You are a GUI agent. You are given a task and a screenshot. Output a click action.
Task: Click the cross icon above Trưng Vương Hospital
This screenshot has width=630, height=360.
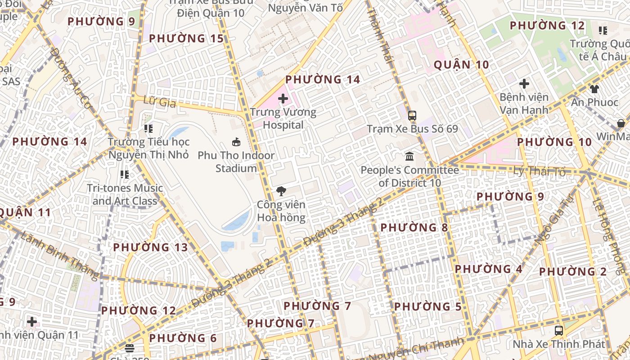283,98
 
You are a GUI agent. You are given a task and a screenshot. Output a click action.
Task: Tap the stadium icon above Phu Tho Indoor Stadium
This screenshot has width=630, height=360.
236,142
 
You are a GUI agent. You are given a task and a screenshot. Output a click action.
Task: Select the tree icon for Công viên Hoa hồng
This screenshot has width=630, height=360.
281,191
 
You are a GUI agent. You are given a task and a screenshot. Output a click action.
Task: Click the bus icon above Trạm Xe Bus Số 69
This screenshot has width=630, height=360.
412,115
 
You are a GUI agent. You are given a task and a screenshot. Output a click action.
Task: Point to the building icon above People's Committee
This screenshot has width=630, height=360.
410,157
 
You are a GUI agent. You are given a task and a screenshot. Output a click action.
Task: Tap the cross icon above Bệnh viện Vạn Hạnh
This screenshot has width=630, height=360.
524,84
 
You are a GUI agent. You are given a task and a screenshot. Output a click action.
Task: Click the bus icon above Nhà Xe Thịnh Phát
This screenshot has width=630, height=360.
559,331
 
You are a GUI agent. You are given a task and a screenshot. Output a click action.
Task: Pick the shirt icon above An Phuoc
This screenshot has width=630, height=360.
594,89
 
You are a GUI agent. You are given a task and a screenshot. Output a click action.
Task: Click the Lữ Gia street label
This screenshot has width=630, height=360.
159,102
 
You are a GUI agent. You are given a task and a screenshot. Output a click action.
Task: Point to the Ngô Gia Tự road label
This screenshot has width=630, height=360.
550,219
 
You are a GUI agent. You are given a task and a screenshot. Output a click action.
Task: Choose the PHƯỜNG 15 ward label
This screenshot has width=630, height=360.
186,39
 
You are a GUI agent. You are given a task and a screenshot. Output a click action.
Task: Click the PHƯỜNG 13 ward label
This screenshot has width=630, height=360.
150,247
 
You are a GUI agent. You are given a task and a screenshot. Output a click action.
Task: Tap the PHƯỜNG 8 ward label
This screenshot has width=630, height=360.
414,228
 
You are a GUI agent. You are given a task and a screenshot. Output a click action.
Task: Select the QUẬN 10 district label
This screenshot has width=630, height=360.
461,65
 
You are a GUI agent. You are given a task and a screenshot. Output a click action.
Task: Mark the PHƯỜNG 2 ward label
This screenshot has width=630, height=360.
573,272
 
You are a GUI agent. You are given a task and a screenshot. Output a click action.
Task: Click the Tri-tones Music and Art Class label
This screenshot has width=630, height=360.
125,194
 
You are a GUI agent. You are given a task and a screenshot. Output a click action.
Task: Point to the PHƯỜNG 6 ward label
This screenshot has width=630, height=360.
183,338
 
